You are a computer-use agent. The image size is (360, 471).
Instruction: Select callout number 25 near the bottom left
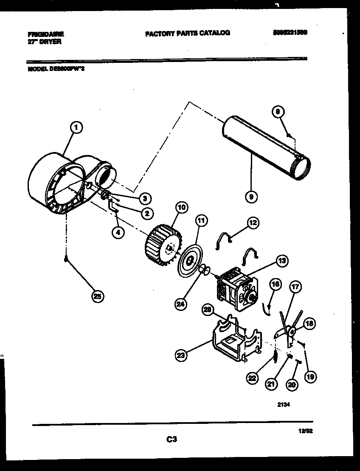pos(98,297)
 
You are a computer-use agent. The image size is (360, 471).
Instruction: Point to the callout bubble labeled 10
pos(181,208)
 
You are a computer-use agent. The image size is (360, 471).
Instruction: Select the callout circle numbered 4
pos(118,232)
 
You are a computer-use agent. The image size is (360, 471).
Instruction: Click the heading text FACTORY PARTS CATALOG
pos(187,33)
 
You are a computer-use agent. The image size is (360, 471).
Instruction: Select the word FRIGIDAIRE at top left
pos(46,34)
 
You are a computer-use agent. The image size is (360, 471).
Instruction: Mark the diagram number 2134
pos(283,405)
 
